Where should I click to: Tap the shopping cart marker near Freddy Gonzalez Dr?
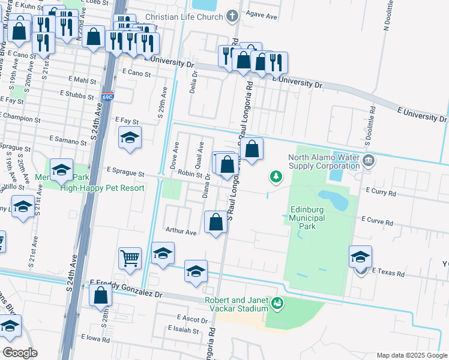point(130,259)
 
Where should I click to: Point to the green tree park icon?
point(276,176)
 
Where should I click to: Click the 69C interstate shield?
point(107,96)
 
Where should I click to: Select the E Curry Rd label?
point(381,193)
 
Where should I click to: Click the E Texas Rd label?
point(388,273)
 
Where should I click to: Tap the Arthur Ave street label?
point(181,232)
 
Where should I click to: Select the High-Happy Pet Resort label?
point(103,188)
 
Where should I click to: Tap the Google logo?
point(20,353)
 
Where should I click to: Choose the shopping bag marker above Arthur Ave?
point(215,223)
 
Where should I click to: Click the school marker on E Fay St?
point(130,139)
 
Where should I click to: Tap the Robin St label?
point(189,174)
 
